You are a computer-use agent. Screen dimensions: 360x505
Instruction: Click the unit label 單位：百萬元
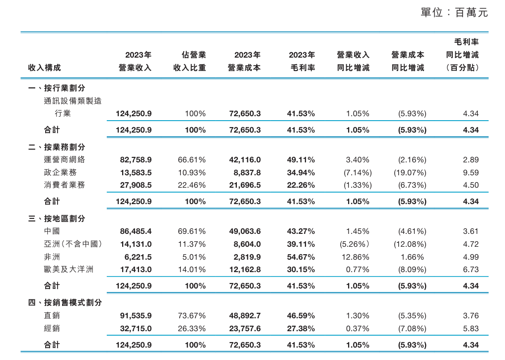[454, 13]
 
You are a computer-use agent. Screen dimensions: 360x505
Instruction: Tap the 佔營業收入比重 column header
[189, 61]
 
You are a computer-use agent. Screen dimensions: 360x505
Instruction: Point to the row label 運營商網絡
[65, 160]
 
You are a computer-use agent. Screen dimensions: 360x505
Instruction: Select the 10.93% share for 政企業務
[192, 172]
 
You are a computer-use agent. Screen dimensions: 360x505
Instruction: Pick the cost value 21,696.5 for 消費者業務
[245, 185]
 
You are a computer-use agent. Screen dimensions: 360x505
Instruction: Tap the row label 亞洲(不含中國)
[72, 244]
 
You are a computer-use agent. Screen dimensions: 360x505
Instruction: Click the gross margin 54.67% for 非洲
[301, 257]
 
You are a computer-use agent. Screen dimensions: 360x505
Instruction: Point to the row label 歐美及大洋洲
[69, 270]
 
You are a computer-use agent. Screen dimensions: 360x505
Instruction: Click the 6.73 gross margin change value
[470, 270]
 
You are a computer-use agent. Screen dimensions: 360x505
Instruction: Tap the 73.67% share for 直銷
[192, 316]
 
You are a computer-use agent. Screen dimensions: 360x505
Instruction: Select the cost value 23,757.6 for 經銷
[245, 328]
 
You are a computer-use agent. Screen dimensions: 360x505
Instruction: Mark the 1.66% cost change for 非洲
[412, 257]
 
